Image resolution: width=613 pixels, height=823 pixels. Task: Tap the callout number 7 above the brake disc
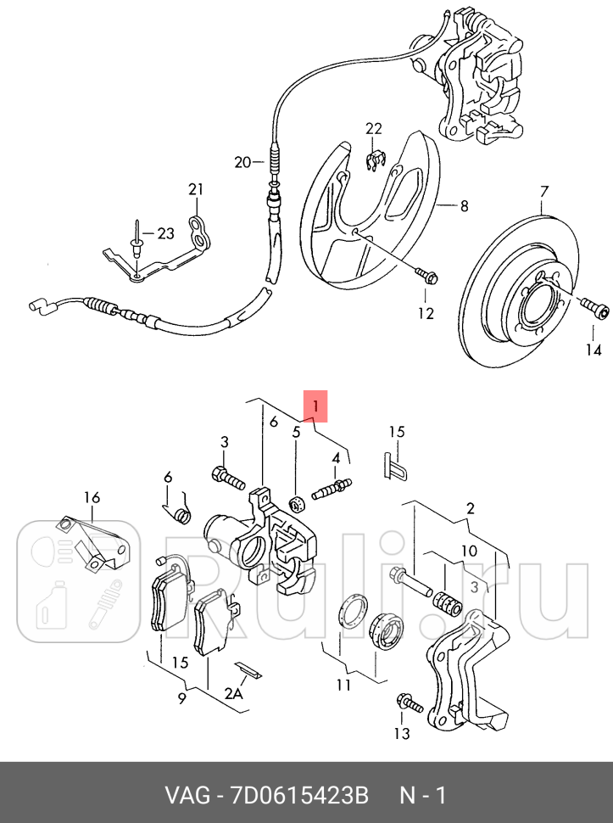point(543,191)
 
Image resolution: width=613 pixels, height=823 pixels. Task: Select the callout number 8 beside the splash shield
point(464,205)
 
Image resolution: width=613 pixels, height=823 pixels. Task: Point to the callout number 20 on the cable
point(243,162)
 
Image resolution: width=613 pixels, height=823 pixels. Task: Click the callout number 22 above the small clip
point(374,129)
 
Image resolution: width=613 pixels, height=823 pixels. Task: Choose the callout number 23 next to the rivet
point(164,232)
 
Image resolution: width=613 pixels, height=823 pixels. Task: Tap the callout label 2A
point(233,693)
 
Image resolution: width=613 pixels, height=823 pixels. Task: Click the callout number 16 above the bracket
point(92,497)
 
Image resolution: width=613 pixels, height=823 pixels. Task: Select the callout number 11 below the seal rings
point(342,684)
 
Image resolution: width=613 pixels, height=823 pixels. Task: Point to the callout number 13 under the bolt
point(401,733)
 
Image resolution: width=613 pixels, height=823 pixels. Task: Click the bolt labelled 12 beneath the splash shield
point(426,276)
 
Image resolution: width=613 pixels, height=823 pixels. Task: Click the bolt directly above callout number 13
point(407,702)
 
